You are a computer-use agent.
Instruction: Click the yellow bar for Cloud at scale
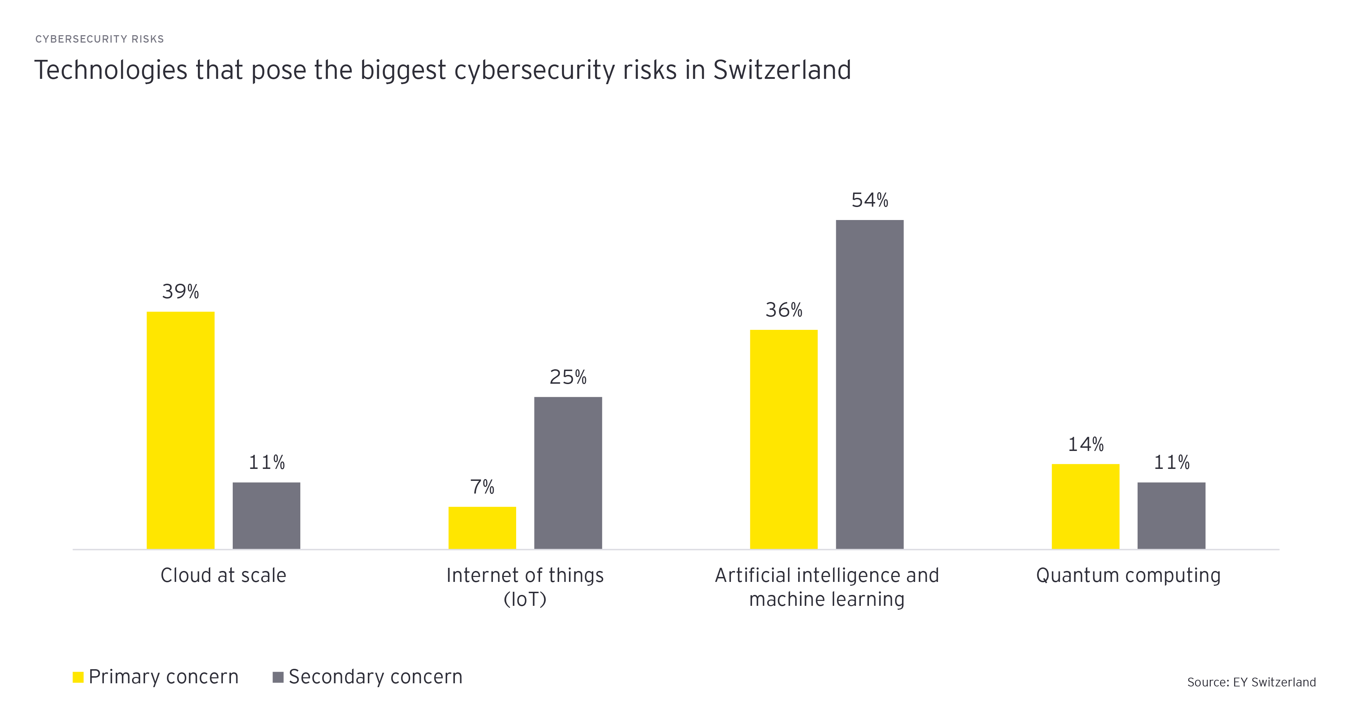coord(181,430)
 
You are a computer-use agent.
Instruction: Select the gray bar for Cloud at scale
coord(267,516)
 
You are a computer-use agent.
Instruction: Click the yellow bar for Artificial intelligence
coord(784,439)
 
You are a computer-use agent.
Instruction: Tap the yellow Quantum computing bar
coord(1085,506)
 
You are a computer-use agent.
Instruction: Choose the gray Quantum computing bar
coord(1171,516)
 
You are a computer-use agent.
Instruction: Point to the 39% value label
coord(181,292)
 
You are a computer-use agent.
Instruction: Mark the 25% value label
coord(568,377)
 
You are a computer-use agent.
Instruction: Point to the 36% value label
coord(784,310)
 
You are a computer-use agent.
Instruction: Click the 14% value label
coord(1085,444)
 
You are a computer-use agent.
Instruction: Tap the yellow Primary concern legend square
coord(78,677)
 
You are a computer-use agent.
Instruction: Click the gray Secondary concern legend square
coord(278,677)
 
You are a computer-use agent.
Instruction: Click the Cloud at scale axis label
coord(224,576)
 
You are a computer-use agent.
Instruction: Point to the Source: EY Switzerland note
coord(1251,682)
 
